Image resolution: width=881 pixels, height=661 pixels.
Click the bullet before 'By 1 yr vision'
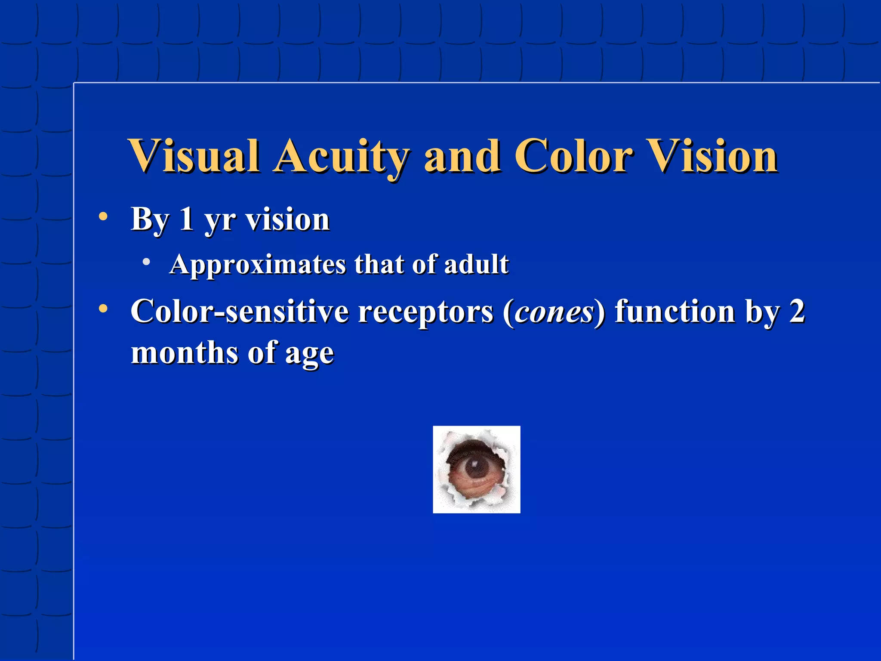click(x=103, y=216)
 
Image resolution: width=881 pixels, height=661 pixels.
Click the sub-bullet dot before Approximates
click(x=147, y=262)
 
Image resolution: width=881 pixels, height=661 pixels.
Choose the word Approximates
click(x=258, y=264)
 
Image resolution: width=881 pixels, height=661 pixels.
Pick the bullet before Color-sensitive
click(x=103, y=309)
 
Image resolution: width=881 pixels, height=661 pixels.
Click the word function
click(x=675, y=311)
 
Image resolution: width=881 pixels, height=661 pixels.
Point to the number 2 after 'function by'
click(x=797, y=311)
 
